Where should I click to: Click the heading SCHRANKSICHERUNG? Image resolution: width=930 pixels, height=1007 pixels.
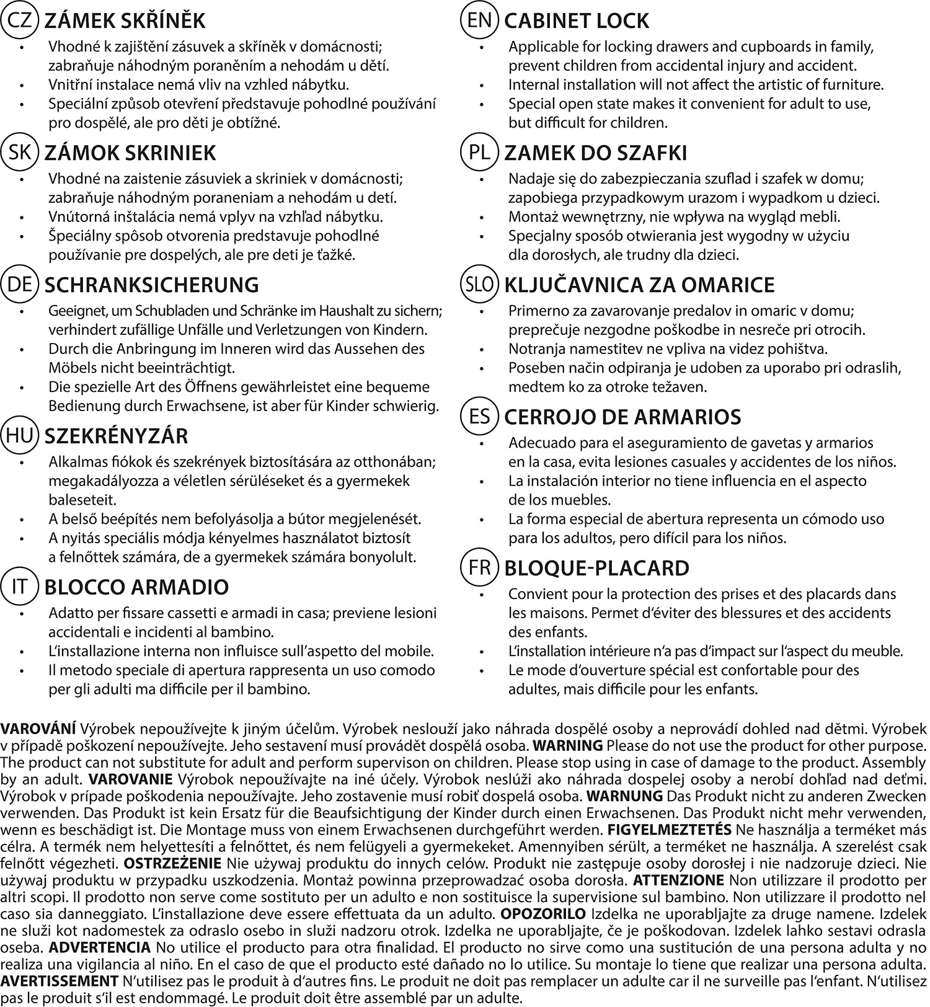(x=152, y=285)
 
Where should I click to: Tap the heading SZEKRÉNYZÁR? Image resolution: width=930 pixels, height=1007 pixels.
(x=116, y=436)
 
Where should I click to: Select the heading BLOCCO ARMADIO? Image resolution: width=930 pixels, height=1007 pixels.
(x=137, y=587)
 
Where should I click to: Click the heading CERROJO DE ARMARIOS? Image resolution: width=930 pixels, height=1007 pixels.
(x=623, y=417)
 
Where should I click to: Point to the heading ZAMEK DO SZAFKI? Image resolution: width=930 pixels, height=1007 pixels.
(x=596, y=153)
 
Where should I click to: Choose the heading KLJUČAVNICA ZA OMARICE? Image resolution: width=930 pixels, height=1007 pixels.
(x=640, y=285)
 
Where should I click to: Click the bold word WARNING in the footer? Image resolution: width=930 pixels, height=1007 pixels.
(x=568, y=745)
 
